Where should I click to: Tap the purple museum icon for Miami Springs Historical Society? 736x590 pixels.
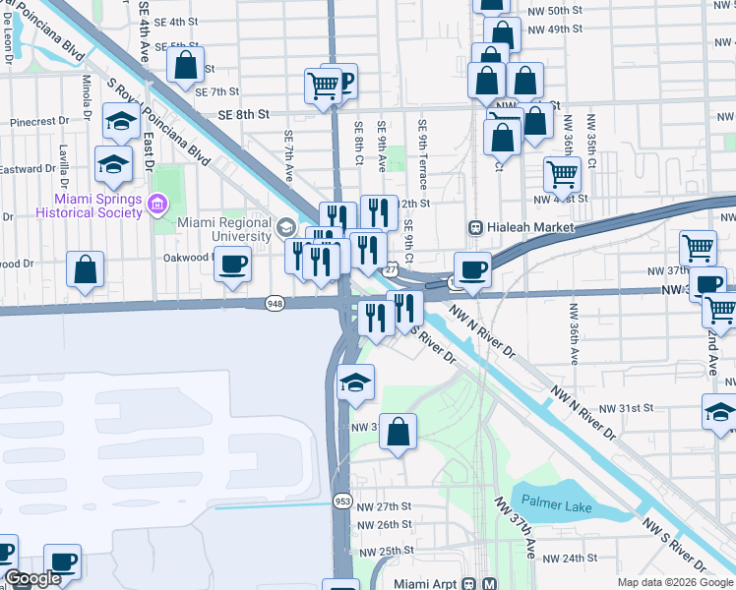pyautogui.click(x=155, y=205)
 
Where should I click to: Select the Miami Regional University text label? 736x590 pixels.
pyautogui.click(x=224, y=229)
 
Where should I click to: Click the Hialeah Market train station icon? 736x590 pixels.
pyautogui.click(x=475, y=227)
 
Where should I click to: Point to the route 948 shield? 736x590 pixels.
pyautogui.click(x=276, y=304)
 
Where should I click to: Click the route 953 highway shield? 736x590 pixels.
pyautogui.click(x=342, y=501)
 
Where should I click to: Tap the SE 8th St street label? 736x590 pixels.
pyautogui.click(x=244, y=115)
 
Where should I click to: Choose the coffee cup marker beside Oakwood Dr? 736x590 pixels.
pyautogui.click(x=232, y=264)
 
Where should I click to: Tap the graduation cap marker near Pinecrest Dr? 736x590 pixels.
pyautogui.click(x=120, y=123)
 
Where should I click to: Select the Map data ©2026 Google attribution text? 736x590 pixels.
pyautogui.click(x=675, y=582)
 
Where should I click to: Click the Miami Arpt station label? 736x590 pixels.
pyautogui.click(x=426, y=583)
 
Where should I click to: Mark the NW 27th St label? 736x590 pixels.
pyautogui.click(x=384, y=505)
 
